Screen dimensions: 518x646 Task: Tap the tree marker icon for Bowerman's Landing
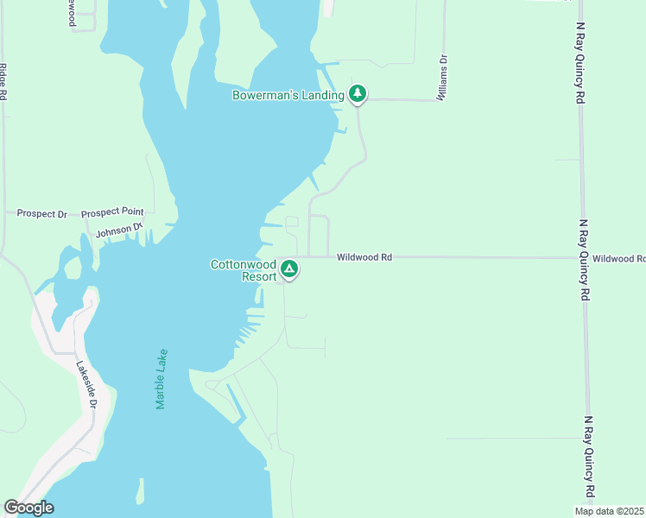click(358, 94)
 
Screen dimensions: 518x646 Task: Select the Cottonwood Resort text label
click(244, 270)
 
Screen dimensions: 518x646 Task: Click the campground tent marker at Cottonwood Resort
click(290, 270)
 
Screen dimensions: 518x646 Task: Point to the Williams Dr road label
click(442, 79)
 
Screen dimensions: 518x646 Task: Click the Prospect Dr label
click(41, 213)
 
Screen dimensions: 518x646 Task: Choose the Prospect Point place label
click(112, 212)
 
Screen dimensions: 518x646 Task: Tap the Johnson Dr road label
click(118, 231)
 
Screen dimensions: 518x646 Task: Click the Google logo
click(28, 508)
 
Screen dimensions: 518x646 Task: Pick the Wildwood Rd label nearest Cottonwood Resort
click(364, 256)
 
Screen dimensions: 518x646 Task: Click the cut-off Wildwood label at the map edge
click(619, 258)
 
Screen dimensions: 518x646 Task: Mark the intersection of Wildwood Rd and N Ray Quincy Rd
click(584, 257)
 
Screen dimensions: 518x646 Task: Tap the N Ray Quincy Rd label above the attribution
click(590, 458)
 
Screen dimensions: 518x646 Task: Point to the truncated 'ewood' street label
click(73, 14)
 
